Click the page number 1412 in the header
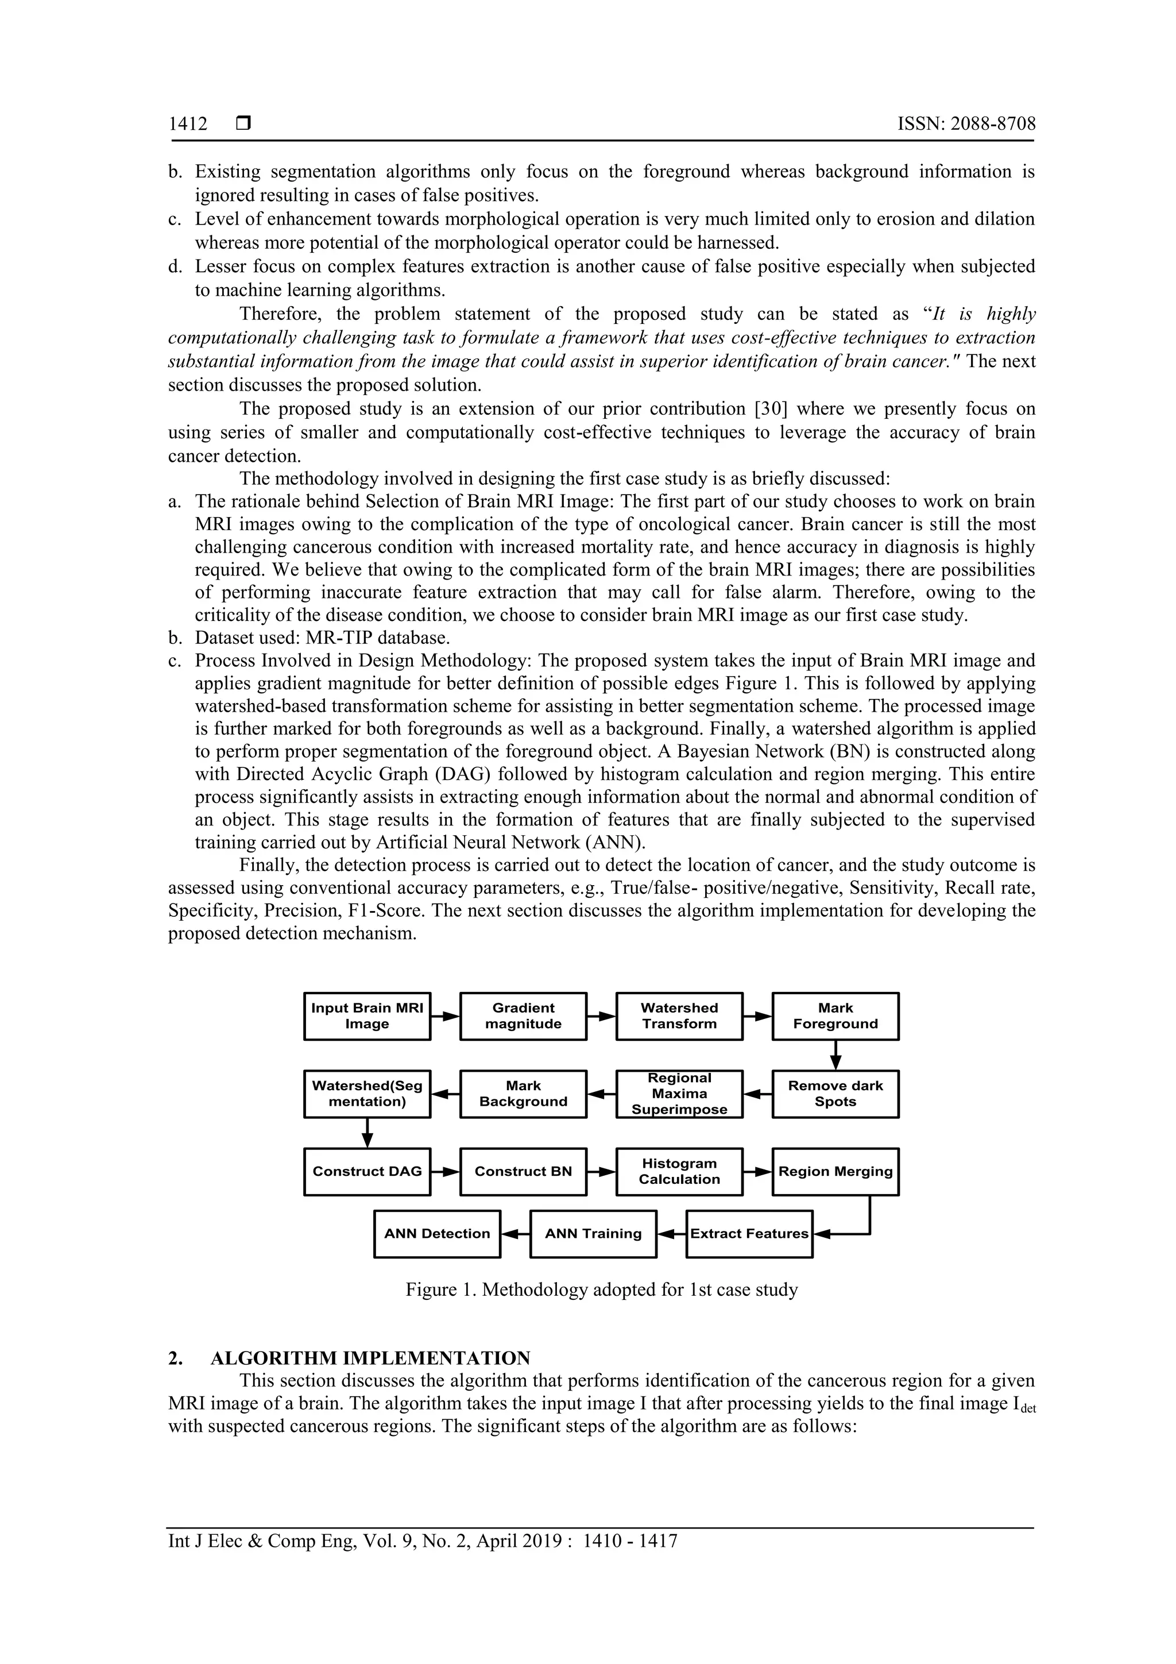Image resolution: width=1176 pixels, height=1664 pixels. tap(188, 124)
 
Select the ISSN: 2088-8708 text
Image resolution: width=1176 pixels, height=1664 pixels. tap(966, 124)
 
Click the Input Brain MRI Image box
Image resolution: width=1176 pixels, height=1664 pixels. tap(367, 1016)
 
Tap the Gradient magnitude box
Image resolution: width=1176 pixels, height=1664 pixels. tap(523, 1016)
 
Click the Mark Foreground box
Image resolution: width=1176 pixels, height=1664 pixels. tap(835, 1016)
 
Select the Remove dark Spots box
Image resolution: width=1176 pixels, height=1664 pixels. tap(835, 1094)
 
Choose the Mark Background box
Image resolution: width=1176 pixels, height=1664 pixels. tap(523, 1094)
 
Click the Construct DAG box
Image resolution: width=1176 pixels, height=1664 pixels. tap(367, 1171)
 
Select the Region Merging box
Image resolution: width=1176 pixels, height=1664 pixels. tap(835, 1171)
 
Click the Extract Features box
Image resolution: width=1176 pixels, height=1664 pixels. tap(749, 1234)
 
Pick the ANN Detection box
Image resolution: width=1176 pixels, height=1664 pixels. tap(437, 1234)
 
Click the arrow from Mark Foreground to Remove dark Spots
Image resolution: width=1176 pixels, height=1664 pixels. tap(835, 1055)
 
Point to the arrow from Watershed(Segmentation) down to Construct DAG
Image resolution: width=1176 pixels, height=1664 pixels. tap(367, 1133)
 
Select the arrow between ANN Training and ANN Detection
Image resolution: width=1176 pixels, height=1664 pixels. tap(515, 1234)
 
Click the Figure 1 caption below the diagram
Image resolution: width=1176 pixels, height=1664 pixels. tap(601, 1290)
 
